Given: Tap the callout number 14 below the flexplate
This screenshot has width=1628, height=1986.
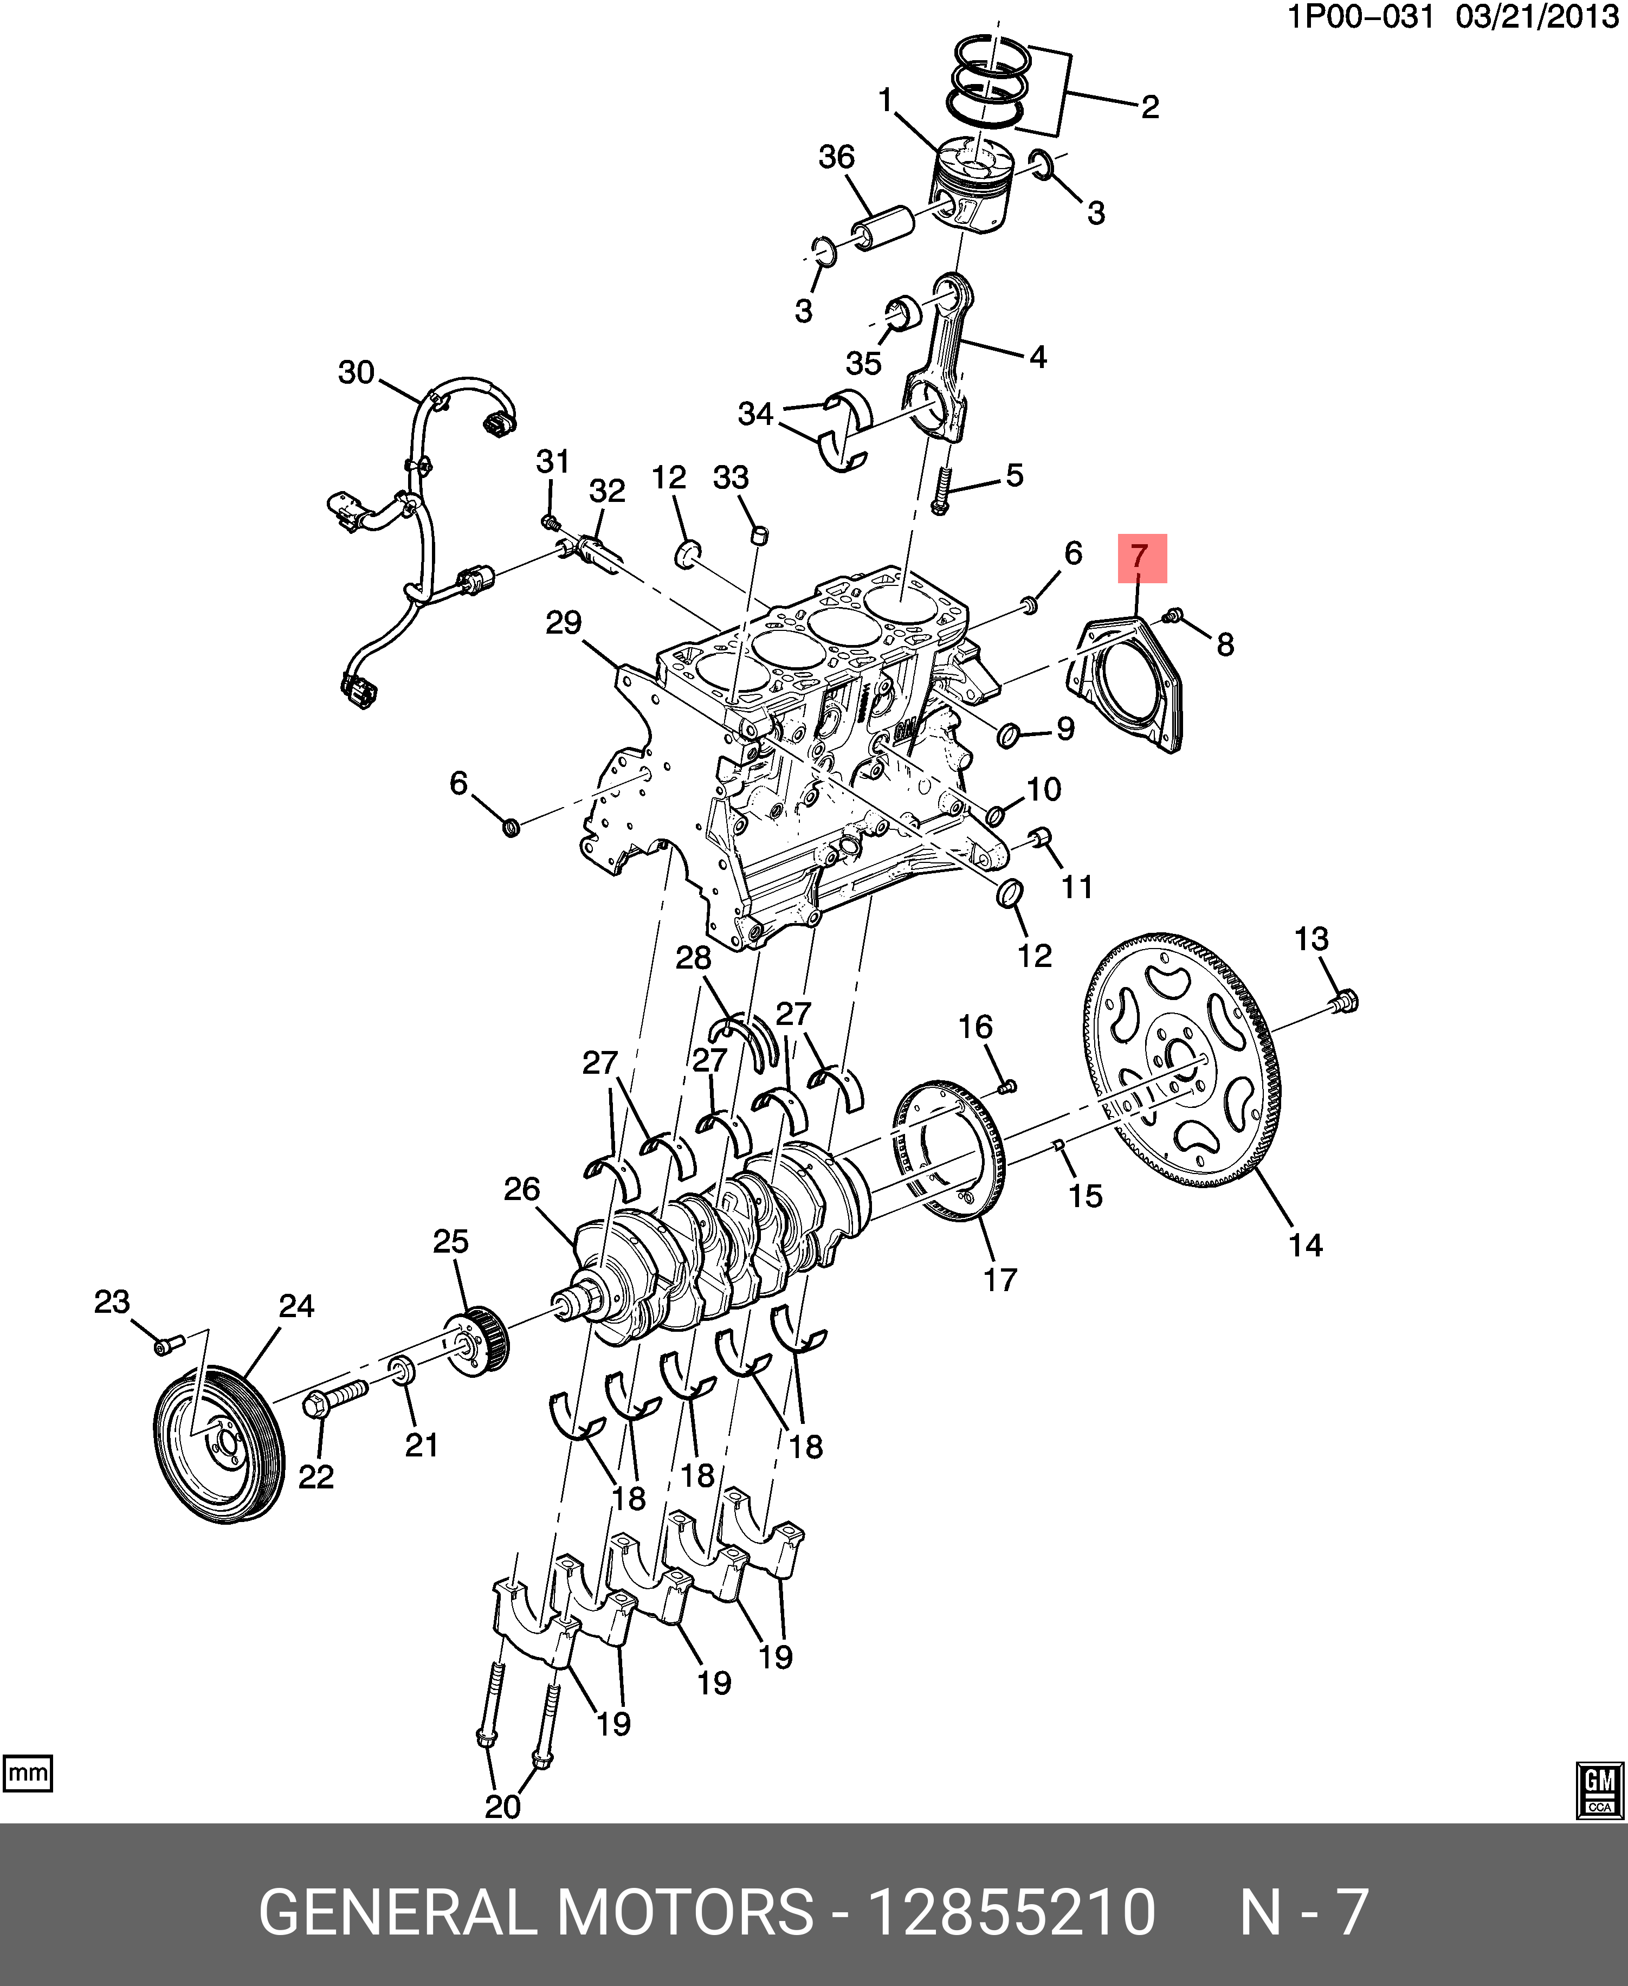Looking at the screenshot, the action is point(1306,1245).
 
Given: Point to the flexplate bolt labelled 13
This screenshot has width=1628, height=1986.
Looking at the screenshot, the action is point(1344,1002).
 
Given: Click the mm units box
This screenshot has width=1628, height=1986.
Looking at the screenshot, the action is point(28,1774).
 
